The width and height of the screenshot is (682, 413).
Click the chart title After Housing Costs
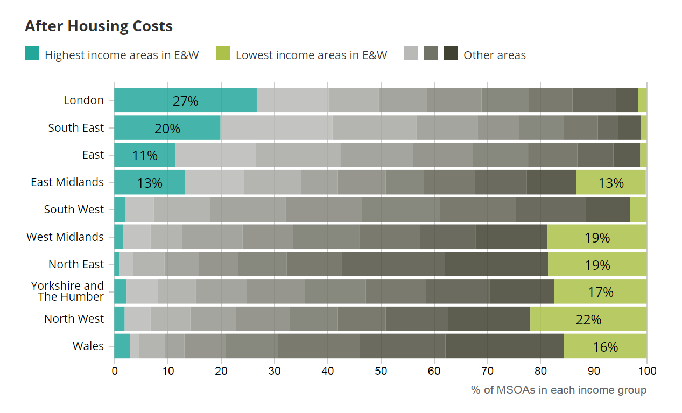[99, 26]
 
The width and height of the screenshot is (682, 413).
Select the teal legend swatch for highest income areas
[32, 54]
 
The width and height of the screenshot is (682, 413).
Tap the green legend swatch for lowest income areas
[223, 54]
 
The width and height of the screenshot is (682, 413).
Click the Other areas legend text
[494, 55]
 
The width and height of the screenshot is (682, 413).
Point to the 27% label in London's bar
[186, 101]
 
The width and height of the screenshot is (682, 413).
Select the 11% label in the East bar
[145, 155]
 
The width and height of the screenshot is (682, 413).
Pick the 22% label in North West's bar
[588, 319]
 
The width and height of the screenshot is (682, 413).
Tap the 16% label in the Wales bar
[605, 347]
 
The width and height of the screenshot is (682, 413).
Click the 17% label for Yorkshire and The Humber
[601, 292]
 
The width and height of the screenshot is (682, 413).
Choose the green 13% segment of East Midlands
[610, 183]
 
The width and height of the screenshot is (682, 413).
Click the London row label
[83, 101]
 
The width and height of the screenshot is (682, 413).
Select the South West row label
[74, 210]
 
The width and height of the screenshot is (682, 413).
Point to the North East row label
[76, 265]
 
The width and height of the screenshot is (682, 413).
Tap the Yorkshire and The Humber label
[67, 291]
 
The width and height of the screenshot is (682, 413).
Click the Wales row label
[88, 346]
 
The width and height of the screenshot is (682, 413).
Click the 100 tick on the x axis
[647, 371]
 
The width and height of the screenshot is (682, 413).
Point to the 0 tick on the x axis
[115, 371]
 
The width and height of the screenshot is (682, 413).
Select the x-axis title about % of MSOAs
[558, 390]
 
